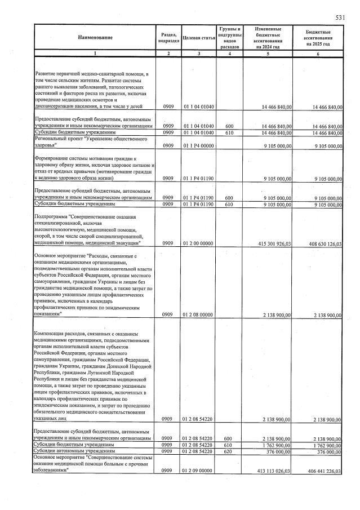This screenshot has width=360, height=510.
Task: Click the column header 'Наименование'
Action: tap(95, 38)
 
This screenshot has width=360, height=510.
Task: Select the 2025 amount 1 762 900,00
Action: tap(326, 445)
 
